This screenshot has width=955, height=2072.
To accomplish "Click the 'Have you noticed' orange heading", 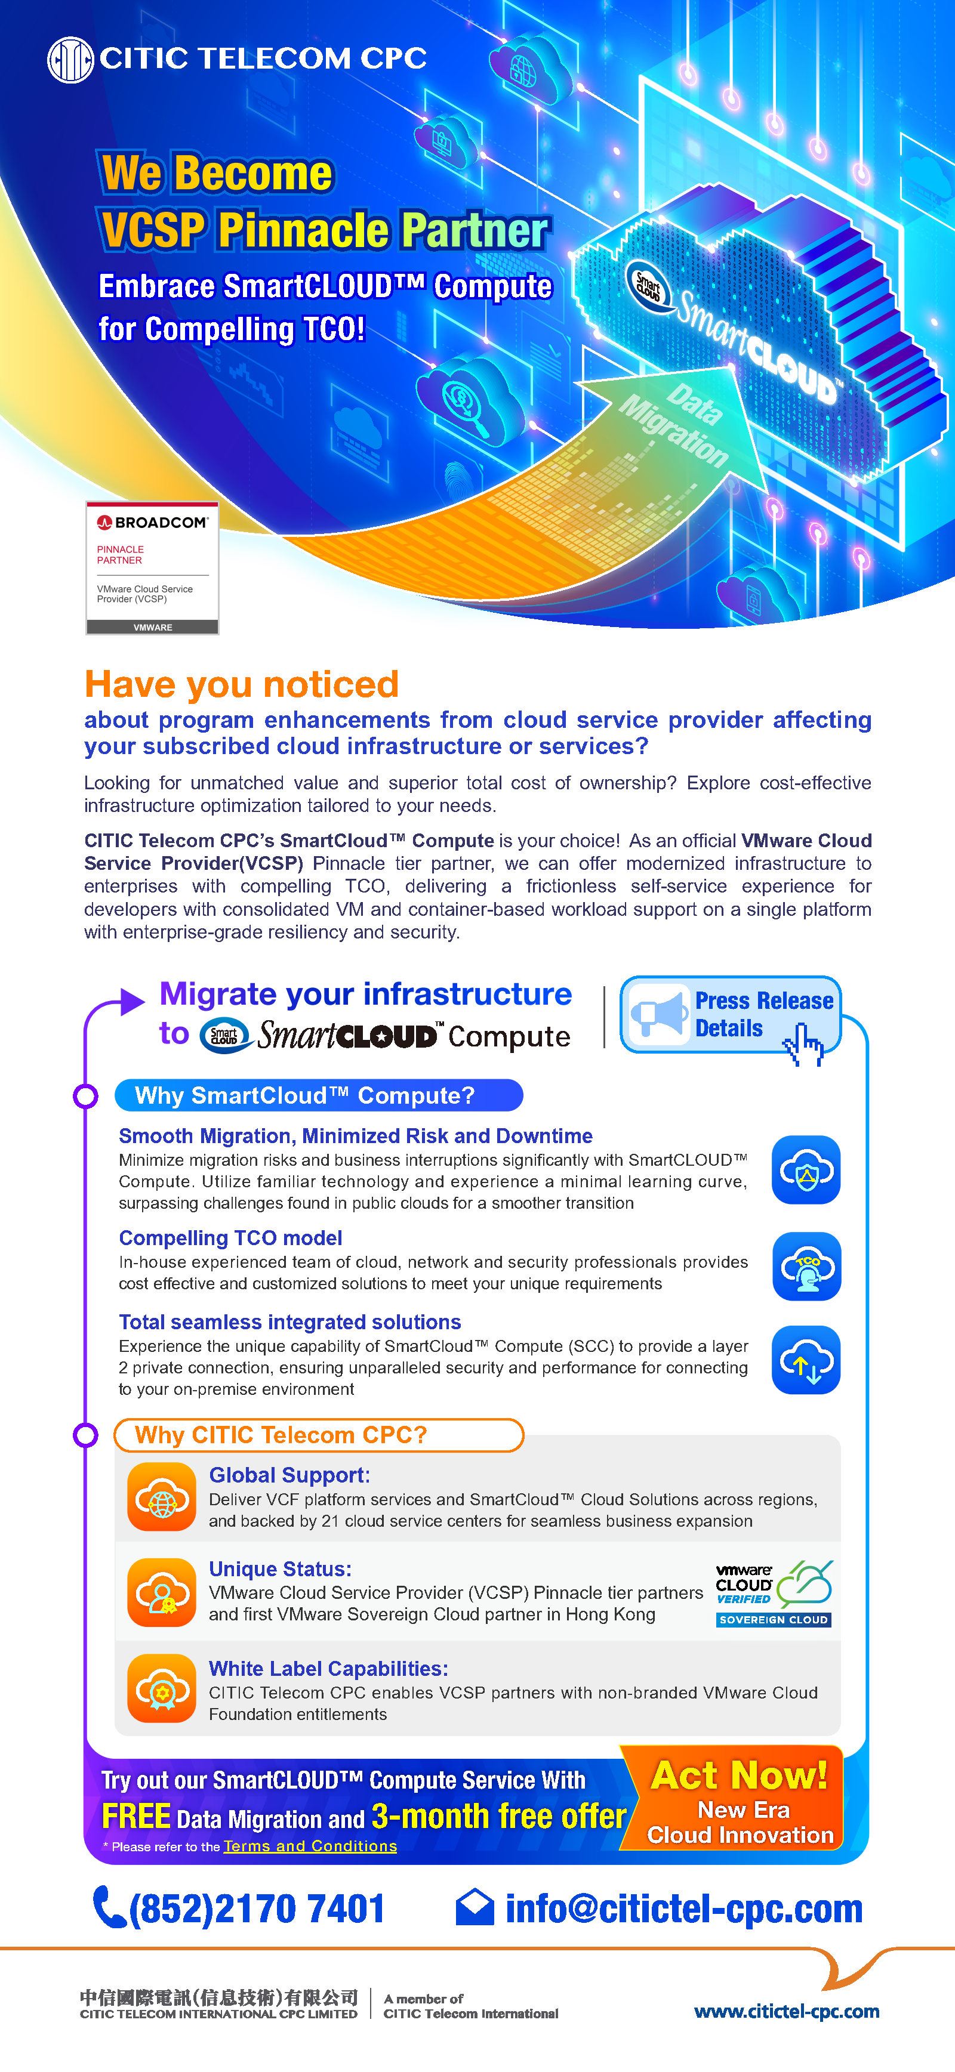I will (241, 684).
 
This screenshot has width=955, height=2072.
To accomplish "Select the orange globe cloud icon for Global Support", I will (162, 1497).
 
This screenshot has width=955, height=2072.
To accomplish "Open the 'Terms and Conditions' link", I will (310, 1846).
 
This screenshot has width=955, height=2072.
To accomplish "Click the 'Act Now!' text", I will (738, 1775).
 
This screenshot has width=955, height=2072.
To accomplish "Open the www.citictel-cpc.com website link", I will (786, 2012).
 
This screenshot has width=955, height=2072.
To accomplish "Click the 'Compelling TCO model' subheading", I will (230, 1238).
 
